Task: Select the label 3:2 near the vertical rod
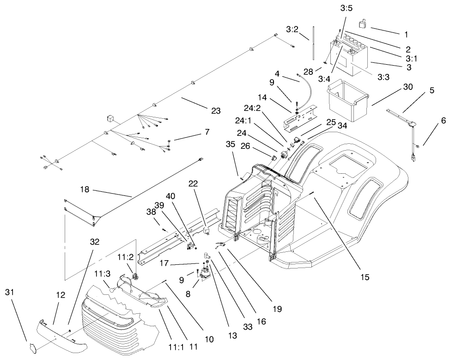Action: (292, 29)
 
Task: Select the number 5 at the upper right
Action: (432, 91)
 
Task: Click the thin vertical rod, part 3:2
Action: (313, 43)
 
